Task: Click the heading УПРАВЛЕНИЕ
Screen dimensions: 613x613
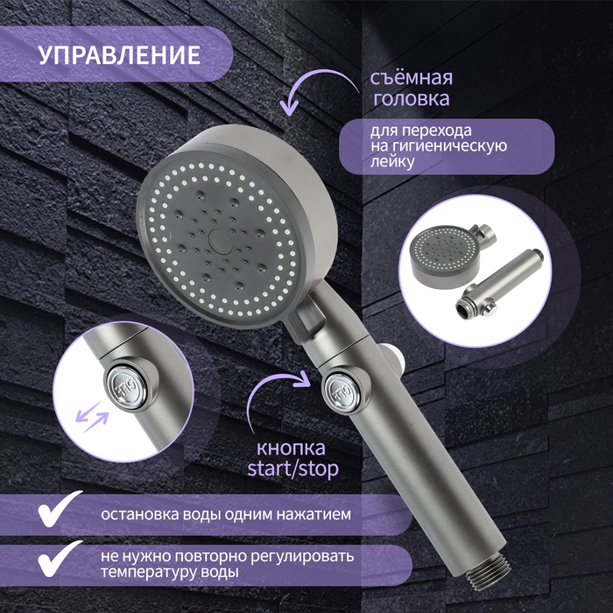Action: tap(119, 53)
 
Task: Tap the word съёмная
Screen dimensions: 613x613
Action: tap(412, 77)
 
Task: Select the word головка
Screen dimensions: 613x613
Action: tap(412, 99)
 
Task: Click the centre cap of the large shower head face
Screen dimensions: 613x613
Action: tap(219, 237)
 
